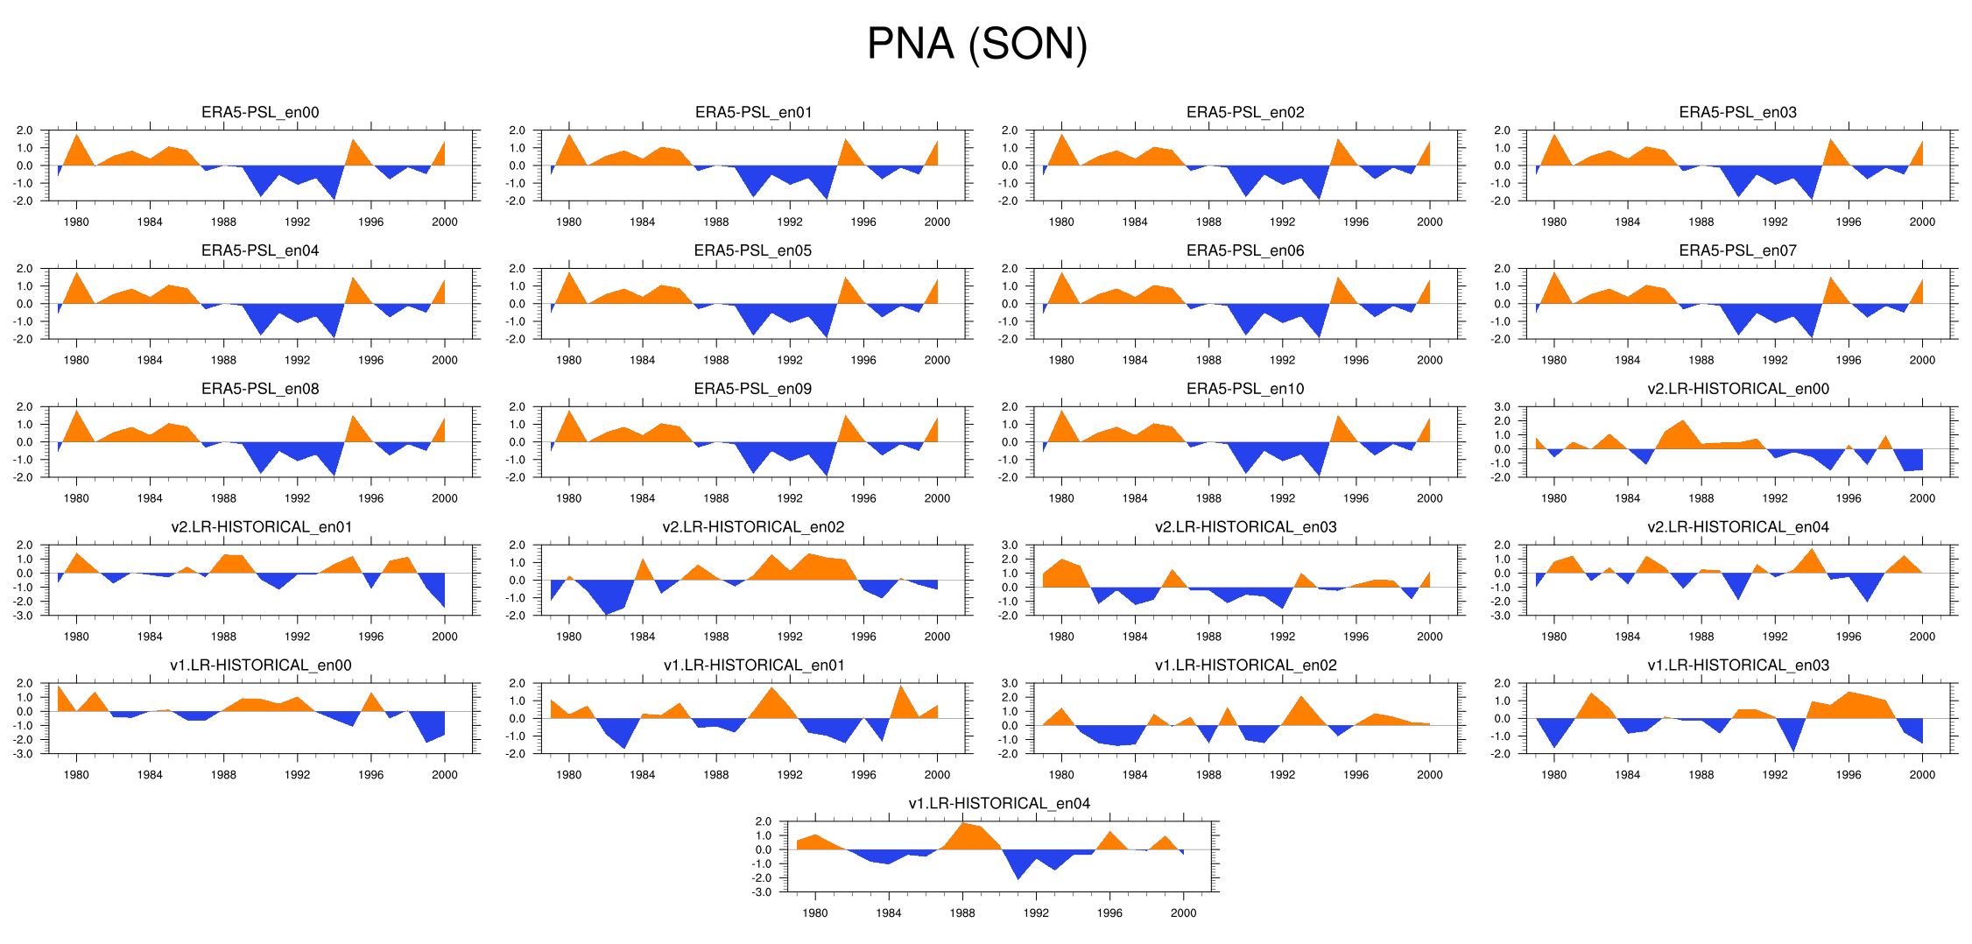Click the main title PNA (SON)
click(x=976, y=44)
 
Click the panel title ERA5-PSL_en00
click(x=260, y=112)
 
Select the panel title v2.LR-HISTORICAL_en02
click(x=753, y=527)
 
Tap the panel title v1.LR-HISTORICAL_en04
click(x=999, y=804)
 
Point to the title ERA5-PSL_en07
click(x=1737, y=250)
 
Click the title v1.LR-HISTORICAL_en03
click(x=1737, y=666)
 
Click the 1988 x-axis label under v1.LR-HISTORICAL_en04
click(x=962, y=912)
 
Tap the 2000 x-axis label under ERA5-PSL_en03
click(x=1922, y=222)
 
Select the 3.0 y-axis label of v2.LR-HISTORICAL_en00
click(x=1502, y=407)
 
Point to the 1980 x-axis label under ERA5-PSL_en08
click(x=76, y=498)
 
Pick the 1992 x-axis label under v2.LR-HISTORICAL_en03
click(x=1282, y=637)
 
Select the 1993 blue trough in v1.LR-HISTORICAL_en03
click(x=1793, y=750)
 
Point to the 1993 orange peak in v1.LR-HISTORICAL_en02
click(x=1301, y=698)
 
